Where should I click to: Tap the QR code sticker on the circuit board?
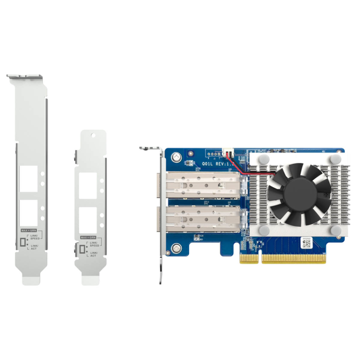306,244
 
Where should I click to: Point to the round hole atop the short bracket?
93,135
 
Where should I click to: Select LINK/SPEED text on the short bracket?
94,244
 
